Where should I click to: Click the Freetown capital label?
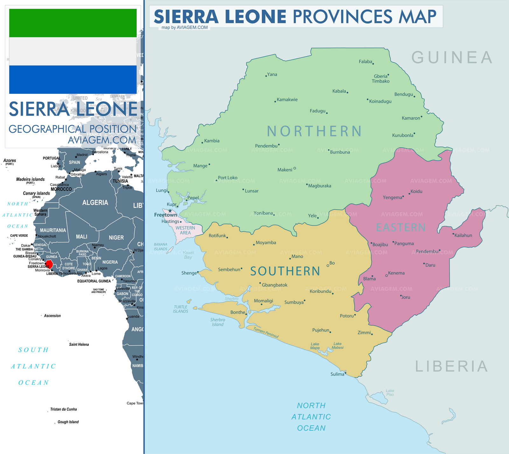pos(165,215)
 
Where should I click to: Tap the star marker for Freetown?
pos(170,211)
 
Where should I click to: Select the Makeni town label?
pos(284,170)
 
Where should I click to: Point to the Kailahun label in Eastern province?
pos(463,235)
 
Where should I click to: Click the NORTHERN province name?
pos(314,131)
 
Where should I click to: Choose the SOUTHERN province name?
pos(285,271)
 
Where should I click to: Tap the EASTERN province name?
pos(401,227)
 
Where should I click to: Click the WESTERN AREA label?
pos(185,230)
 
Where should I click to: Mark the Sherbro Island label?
pos(218,322)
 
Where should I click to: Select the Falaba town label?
pos(365,62)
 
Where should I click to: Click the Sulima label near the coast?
pos(337,374)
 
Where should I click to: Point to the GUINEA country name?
pos(452,58)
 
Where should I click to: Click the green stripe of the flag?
pos(73,23)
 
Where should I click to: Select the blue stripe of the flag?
pos(73,80)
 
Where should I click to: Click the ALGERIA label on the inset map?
pos(95,203)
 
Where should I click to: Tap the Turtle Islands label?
pos(181,309)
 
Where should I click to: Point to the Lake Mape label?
pos(315,346)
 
